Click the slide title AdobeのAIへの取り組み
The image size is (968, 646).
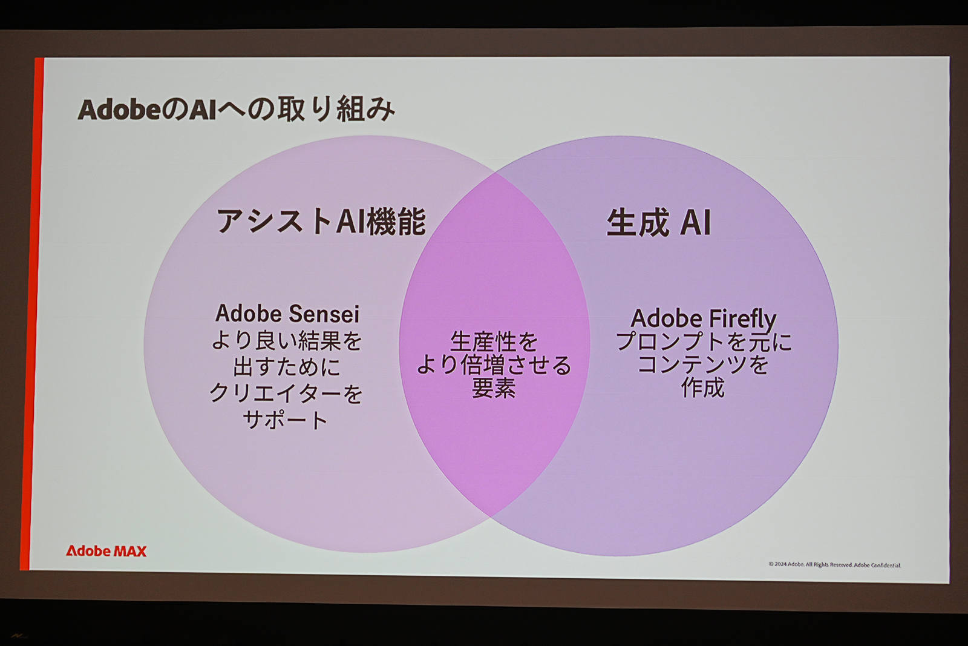click(237, 110)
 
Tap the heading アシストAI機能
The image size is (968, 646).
click(321, 221)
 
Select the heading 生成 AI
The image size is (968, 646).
click(658, 222)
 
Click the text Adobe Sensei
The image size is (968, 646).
click(287, 314)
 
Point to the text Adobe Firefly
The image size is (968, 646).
click(703, 318)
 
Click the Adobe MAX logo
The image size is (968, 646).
click(106, 551)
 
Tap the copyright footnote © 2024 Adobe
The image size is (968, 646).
click(834, 564)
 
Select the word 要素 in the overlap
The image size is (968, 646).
click(494, 388)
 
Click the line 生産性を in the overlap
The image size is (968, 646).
click(494, 342)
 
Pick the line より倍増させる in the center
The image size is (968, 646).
click(494, 365)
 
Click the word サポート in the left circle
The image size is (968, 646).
click(286, 420)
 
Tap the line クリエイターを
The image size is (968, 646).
click(286, 394)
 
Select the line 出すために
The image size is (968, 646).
click(287, 367)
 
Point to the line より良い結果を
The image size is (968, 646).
click(287, 340)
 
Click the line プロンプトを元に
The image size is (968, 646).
click(703, 342)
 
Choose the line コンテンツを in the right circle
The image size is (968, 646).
click(703, 364)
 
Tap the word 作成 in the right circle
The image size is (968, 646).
click(702, 387)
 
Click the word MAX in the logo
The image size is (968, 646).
click(130, 551)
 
